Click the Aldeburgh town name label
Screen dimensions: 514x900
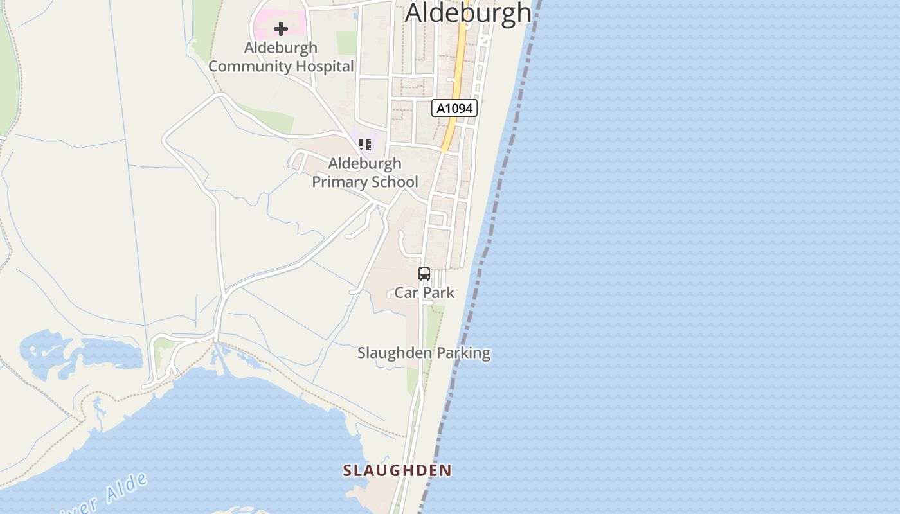tap(469, 13)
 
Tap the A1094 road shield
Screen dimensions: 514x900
tap(455, 108)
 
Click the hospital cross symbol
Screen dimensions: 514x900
tap(280, 29)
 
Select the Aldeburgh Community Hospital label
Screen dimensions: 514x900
tap(281, 57)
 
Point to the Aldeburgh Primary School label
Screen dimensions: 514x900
tap(365, 172)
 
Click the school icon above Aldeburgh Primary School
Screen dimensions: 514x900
tap(365, 145)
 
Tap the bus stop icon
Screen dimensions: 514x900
tap(424, 274)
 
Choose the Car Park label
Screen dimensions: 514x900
tap(424, 293)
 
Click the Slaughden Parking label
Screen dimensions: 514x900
tap(424, 353)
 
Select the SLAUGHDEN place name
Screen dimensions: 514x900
tap(397, 470)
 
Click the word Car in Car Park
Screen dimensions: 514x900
tap(406, 293)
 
